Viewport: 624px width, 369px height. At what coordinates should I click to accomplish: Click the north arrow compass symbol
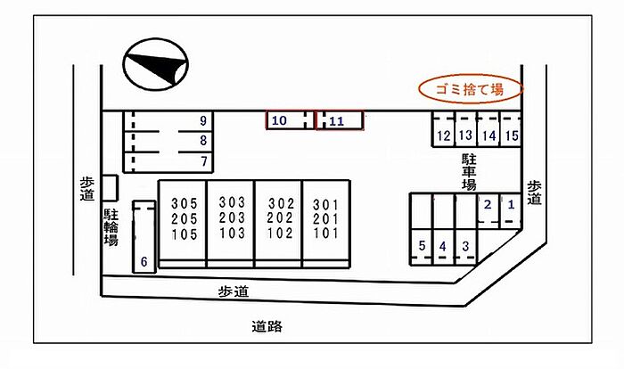[x=156, y=64]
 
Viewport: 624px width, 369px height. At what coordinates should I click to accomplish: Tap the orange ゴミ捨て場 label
[x=471, y=89]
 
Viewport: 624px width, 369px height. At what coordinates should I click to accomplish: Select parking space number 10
[x=290, y=120]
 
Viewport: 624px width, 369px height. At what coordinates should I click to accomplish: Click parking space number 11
[x=340, y=120]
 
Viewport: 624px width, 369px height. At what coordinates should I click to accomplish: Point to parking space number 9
[x=168, y=121]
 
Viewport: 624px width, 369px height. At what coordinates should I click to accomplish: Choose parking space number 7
[x=168, y=162]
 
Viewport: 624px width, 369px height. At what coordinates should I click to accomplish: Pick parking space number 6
[x=144, y=237]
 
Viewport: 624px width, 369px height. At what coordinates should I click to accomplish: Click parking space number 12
[x=443, y=129]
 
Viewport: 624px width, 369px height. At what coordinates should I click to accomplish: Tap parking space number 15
[x=511, y=129]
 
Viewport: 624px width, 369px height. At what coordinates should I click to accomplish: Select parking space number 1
[x=511, y=210]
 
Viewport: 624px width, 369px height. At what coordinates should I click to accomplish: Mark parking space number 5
[x=422, y=247]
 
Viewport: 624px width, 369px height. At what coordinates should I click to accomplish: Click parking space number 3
[x=466, y=247]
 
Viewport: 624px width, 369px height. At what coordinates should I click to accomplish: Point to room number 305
[x=185, y=203]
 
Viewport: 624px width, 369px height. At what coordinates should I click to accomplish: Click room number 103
[x=232, y=233]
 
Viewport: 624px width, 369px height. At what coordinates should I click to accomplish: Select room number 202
[x=280, y=218]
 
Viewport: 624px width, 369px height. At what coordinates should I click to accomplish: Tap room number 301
[x=325, y=205]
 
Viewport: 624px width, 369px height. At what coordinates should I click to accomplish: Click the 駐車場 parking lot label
[x=469, y=172]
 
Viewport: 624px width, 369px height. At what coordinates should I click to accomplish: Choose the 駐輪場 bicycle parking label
[x=111, y=227]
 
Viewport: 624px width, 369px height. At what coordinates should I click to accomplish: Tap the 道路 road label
[x=267, y=327]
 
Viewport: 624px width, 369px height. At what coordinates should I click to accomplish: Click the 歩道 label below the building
[x=234, y=291]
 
